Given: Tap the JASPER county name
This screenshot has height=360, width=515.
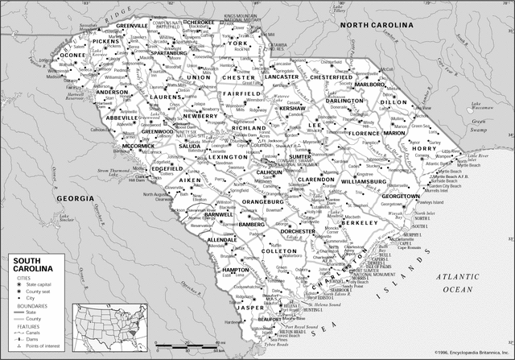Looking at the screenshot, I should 249,307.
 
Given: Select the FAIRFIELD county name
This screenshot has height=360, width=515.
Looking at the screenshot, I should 241,93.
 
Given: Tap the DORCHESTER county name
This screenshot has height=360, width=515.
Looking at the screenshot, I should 299,231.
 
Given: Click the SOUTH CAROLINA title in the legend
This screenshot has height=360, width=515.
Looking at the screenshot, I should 32,265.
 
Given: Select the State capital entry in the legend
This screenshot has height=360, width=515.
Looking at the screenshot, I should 39,283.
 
